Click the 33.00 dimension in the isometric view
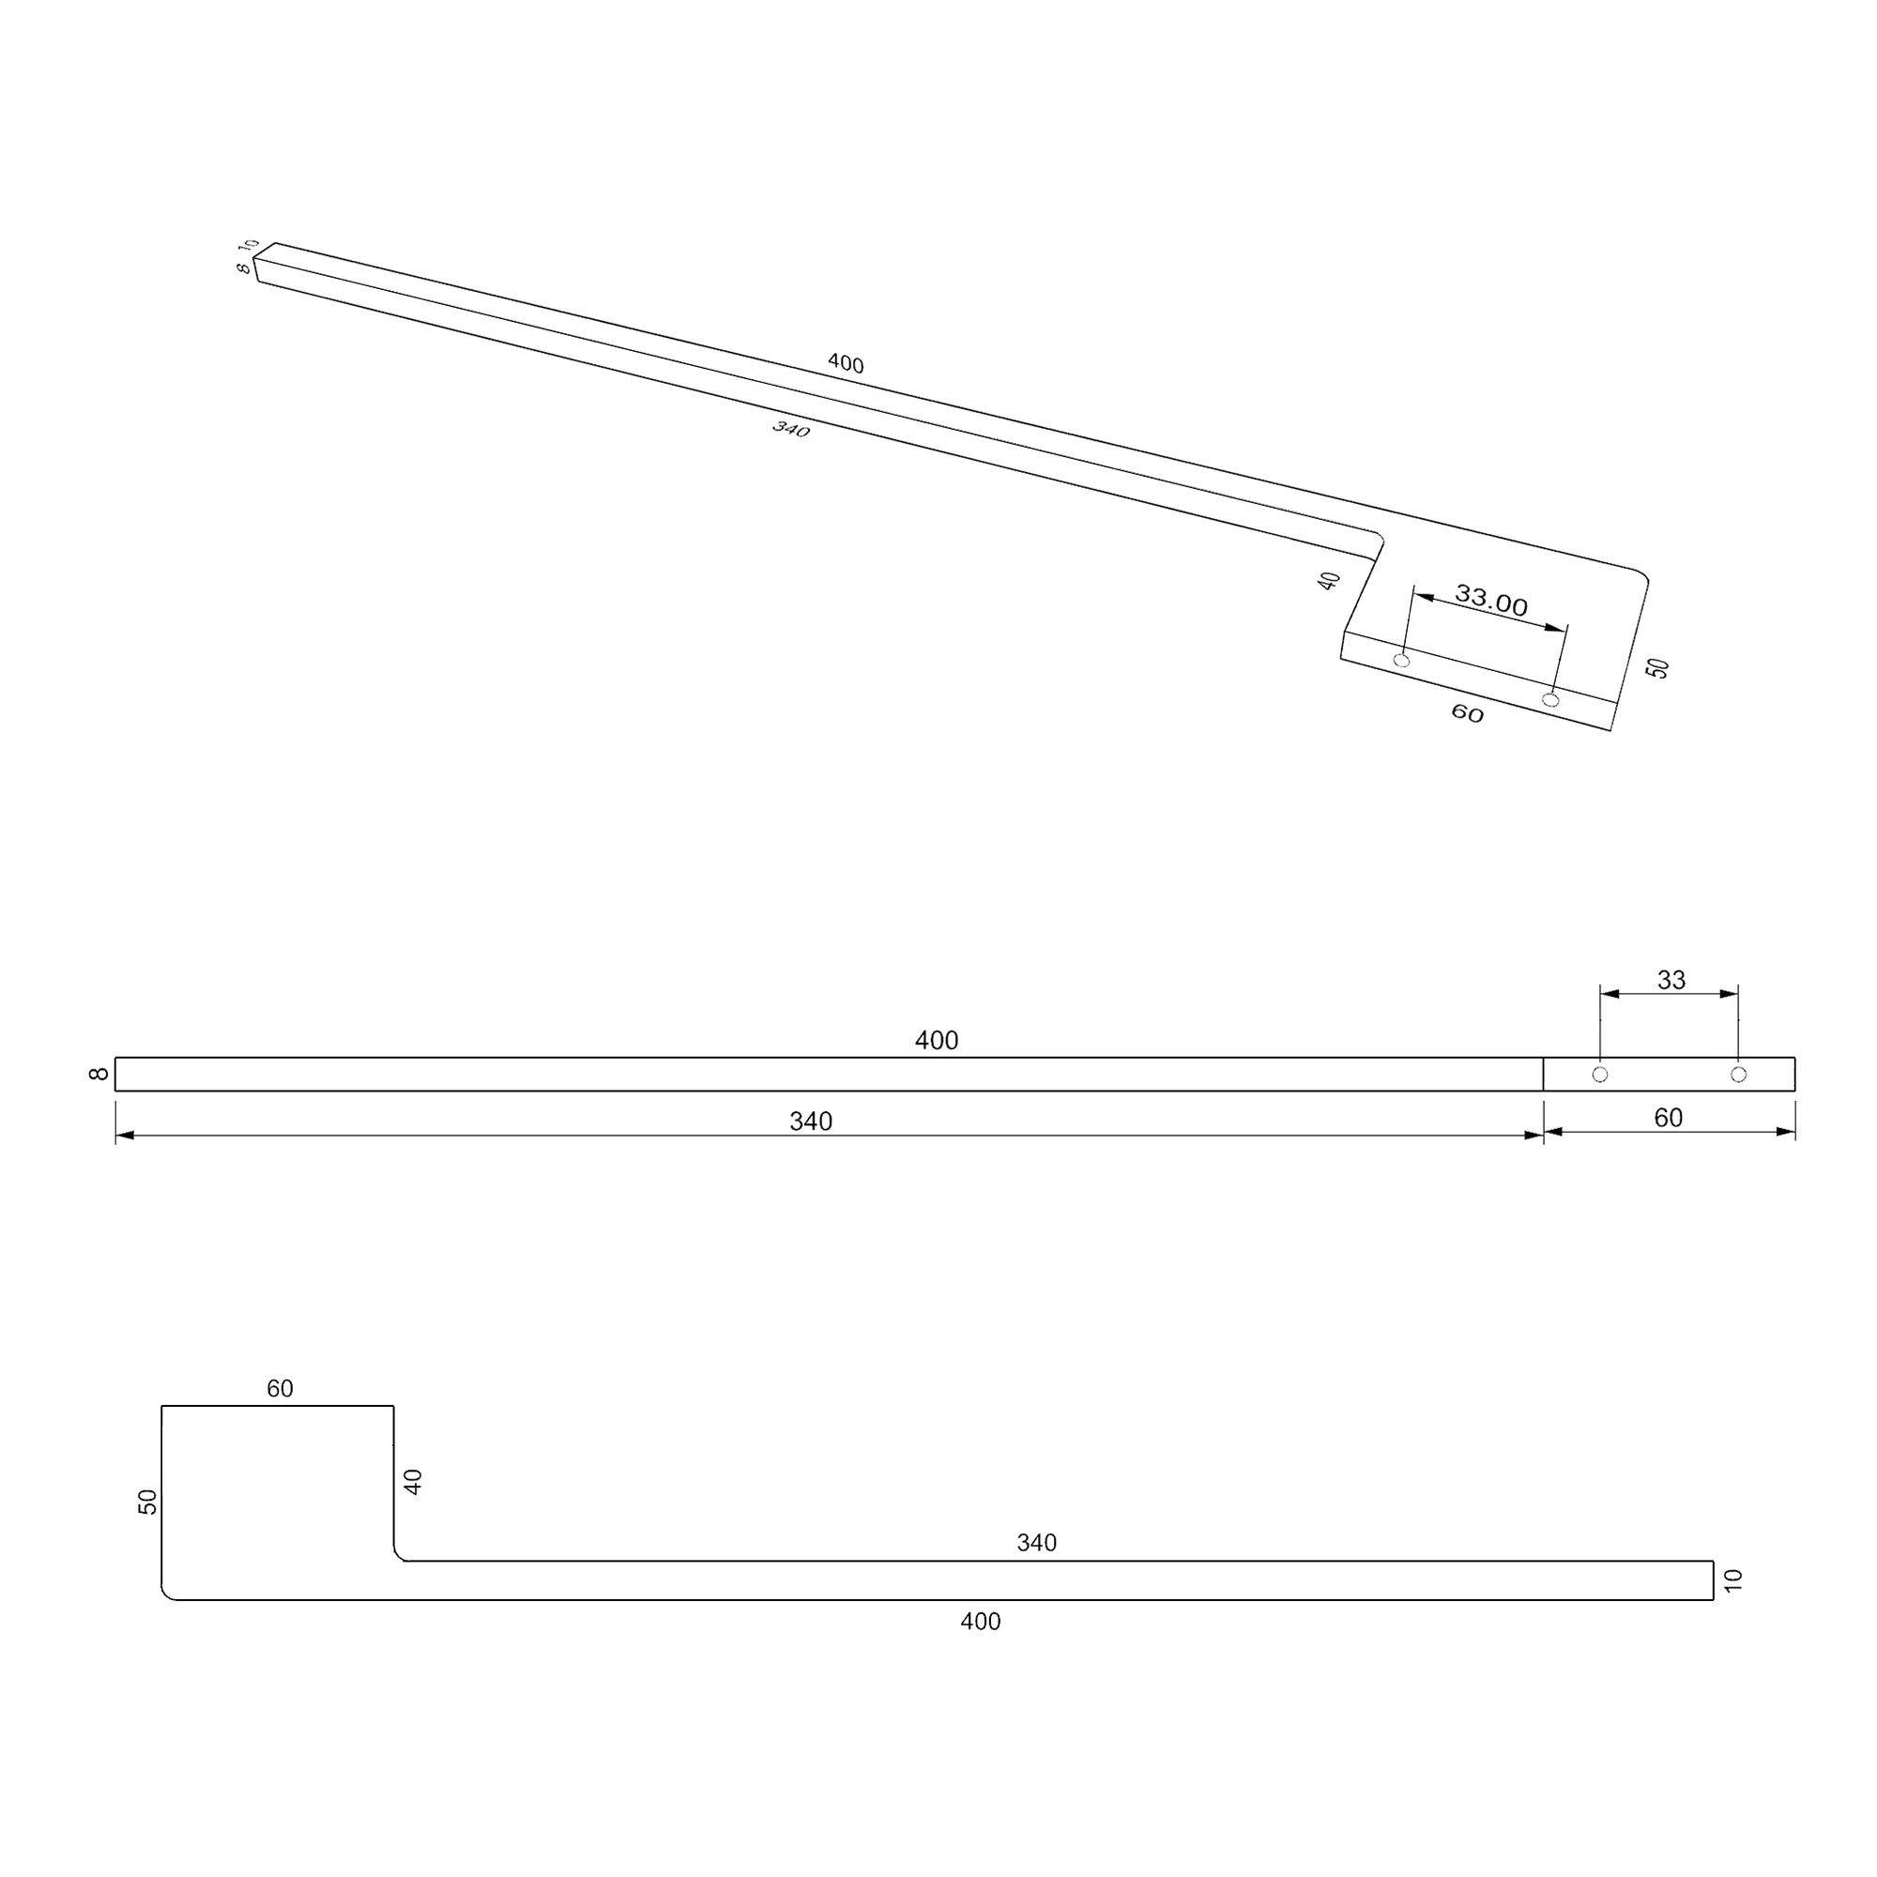point(1490,602)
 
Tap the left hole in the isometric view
point(1401,661)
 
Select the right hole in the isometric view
point(1550,699)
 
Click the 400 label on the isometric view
point(846,363)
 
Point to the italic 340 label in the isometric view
point(791,429)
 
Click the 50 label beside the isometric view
point(1658,667)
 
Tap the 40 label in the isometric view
point(1329,581)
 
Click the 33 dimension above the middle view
point(1671,979)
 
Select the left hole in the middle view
point(1600,1075)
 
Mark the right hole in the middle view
point(1739,1075)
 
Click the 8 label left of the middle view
point(99,1074)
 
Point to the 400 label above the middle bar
point(937,1041)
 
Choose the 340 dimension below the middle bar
point(810,1122)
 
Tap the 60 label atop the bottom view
point(280,1389)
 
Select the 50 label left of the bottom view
point(147,1502)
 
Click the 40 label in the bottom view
point(413,1482)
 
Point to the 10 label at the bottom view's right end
point(1734,1579)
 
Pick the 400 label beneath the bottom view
point(981,1622)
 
